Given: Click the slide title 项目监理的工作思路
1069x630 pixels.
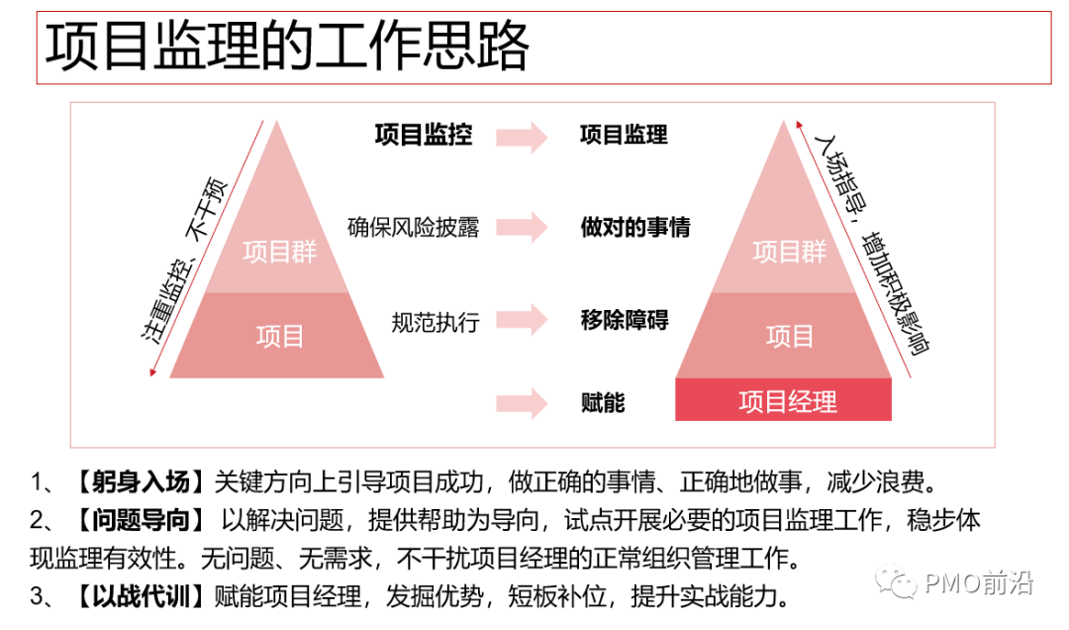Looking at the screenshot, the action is pyautogui.click(x=288, y=48).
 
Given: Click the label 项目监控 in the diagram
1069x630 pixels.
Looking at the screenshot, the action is pyautogui.click(x=424, y=136).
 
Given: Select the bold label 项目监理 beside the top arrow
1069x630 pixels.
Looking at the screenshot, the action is pyautogui.click(x=624, y=136).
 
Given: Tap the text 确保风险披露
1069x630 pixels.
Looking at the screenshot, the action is pyautogui.click(x=414, y=227).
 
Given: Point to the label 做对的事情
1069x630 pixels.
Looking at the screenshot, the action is pyautogui.click(x=635, y=227).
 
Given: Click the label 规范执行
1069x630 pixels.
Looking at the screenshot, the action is pyautogui.click(x=436, y=321).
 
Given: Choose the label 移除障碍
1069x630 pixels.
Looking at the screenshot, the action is pyautogui.click(x=625, y=320).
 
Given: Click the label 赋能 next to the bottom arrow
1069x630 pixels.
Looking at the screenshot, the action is pyautogui.click(x=603, y=402).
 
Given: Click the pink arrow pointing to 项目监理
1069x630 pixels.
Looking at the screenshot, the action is pyautogui.click(x=522, y=137).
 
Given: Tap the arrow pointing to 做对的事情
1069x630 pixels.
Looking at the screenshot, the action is pyautogui.click(x=522, y=227).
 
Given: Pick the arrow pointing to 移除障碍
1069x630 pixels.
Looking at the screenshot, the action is pyautogui.click(x=522, y=320).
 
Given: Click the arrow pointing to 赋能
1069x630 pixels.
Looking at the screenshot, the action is pyautogui.click(x=522, y=402).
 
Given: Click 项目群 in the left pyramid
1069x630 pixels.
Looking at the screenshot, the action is pyautogui.click(x=279, y=252).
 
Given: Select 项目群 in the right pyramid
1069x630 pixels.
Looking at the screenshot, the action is pyautogui.click(x=789, y=252).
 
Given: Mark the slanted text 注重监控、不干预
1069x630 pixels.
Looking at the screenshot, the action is pyautogui.click(x=185, y=262).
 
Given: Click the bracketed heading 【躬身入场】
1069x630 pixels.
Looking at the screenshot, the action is pyautogui.click(x=139, y=483).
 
